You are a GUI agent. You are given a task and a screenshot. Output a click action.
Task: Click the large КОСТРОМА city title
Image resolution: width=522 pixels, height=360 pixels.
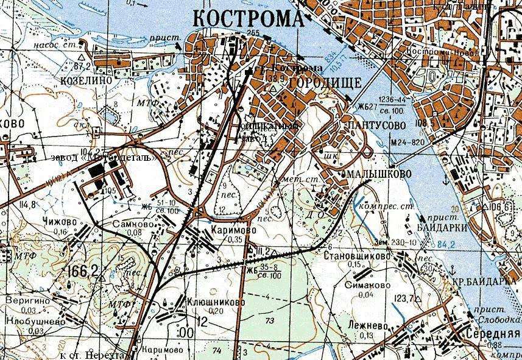[x=248, y=18]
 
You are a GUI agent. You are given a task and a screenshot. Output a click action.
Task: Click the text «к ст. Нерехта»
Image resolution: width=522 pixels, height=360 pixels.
[x=92, y=355]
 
